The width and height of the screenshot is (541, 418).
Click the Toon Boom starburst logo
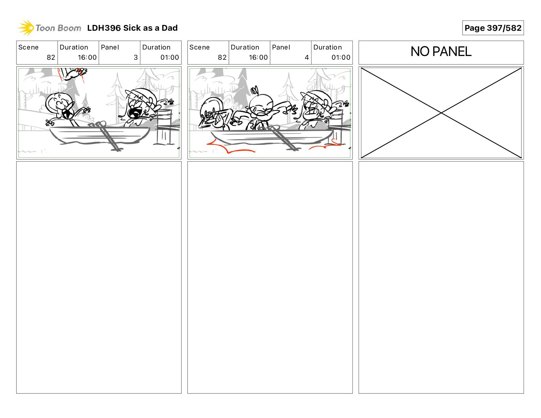pyautogui.click(x=26, y=28)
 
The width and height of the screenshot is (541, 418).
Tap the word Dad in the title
pyautogui.click(x=169, y=28)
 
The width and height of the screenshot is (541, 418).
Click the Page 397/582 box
pyautogui.click(x=493, y=28)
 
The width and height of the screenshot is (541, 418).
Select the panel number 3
pyautogui.click(x=136, y=57)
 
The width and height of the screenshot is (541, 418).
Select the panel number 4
pyautogui.click(x=307, y=57)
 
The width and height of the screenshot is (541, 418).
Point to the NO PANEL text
pyautogui.click(x=441, y=52)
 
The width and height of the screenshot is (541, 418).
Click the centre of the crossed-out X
pyautogui.click(x=441, y=113)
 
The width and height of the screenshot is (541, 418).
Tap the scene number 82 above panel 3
pyautogui.click(x=51, y=57)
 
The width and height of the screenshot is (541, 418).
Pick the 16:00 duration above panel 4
pyautogui.click(x=258, y=57)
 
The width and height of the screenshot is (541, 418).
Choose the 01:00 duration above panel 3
pyautogui.click(x=169, y=57)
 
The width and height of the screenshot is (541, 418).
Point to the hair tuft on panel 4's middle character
pyautogui.click(x=254, y=90)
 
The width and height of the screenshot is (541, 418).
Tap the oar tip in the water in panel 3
pyautogui.click(x=116, y=149)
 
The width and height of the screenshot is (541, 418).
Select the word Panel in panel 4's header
pyautogui.click(x=281, y=47)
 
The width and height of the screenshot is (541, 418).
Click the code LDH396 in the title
pyautogui.click(x=104, y=28)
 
